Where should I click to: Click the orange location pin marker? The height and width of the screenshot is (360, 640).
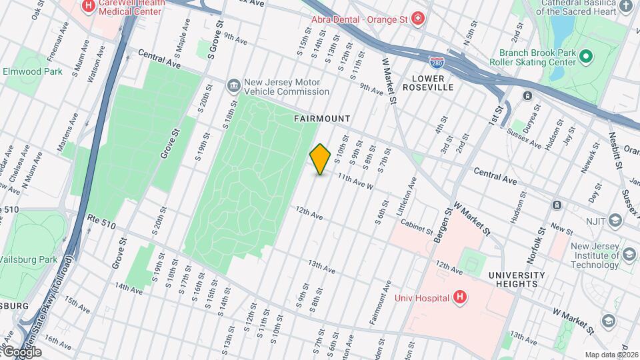click(320, 159)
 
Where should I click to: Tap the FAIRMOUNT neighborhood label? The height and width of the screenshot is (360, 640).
click(322, 119)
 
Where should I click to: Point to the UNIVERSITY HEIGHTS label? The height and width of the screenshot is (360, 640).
click(516, 279)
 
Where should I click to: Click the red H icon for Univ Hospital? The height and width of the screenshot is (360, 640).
click(459, 297)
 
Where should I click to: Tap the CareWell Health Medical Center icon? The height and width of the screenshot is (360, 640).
click(88, 6)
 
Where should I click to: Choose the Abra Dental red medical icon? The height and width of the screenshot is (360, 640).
click(417, 19)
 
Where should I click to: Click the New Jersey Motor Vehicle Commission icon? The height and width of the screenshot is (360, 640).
click(233, 85)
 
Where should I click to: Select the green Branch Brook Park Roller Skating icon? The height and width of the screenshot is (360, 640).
click(586, 57)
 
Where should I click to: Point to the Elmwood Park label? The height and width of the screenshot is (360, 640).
click(32, 71)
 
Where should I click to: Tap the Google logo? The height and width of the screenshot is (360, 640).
click(21, 351)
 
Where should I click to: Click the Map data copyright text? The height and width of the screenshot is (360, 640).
click(611, 355)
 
